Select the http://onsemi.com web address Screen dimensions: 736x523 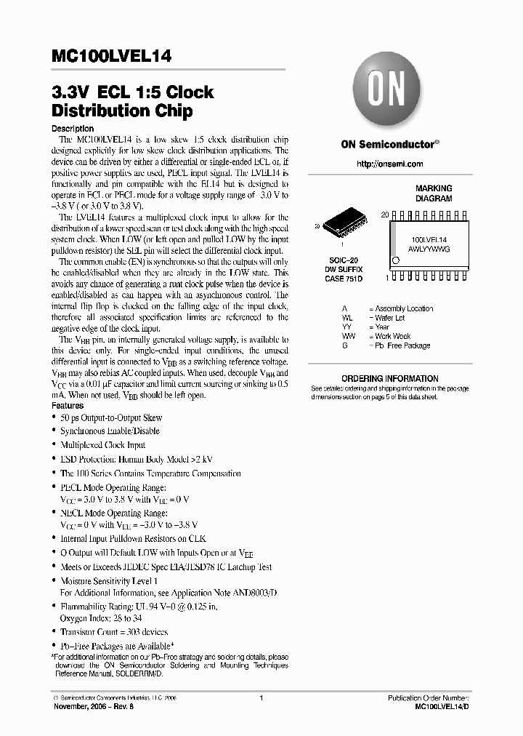point(390,164)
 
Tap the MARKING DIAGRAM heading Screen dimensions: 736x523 point(434,193)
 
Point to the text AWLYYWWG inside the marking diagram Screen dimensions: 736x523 point(429,248)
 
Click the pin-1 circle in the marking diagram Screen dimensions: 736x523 point(395,260)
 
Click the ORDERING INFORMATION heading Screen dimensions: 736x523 point(390,378)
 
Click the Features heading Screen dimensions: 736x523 point(68,406)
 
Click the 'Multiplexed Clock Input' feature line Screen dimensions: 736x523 point(103,445)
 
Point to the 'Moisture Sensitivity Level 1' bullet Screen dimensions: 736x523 point(109,581)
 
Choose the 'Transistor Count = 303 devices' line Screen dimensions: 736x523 point(114,632)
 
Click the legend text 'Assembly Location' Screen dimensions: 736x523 point(405,308)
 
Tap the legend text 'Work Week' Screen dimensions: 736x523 point(393,336)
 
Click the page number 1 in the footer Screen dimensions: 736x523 point(261,698)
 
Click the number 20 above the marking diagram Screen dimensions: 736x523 point(385,215)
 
